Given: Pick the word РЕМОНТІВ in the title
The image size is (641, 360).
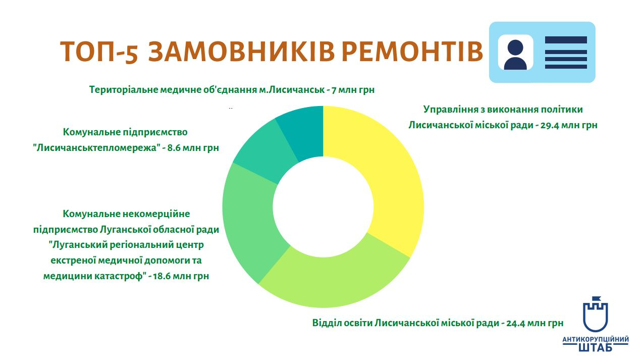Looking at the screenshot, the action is pos(412,52).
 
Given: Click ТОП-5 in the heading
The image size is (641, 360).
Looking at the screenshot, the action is pos(99,52).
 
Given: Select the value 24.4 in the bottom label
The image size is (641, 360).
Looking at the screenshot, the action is pos(516,323).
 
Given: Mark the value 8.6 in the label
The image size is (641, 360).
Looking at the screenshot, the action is pos(174,148).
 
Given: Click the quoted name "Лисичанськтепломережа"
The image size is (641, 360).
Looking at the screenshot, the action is pos(96,148).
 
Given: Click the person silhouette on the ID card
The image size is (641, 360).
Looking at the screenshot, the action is pos(515,55).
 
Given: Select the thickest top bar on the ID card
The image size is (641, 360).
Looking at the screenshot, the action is pos(566,40).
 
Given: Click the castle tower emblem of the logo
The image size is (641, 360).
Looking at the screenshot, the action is pos(596,315).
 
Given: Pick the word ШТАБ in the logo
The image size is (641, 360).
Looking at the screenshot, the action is pos(595,347).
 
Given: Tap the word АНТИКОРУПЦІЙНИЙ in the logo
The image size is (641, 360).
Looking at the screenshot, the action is pos(596,339).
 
